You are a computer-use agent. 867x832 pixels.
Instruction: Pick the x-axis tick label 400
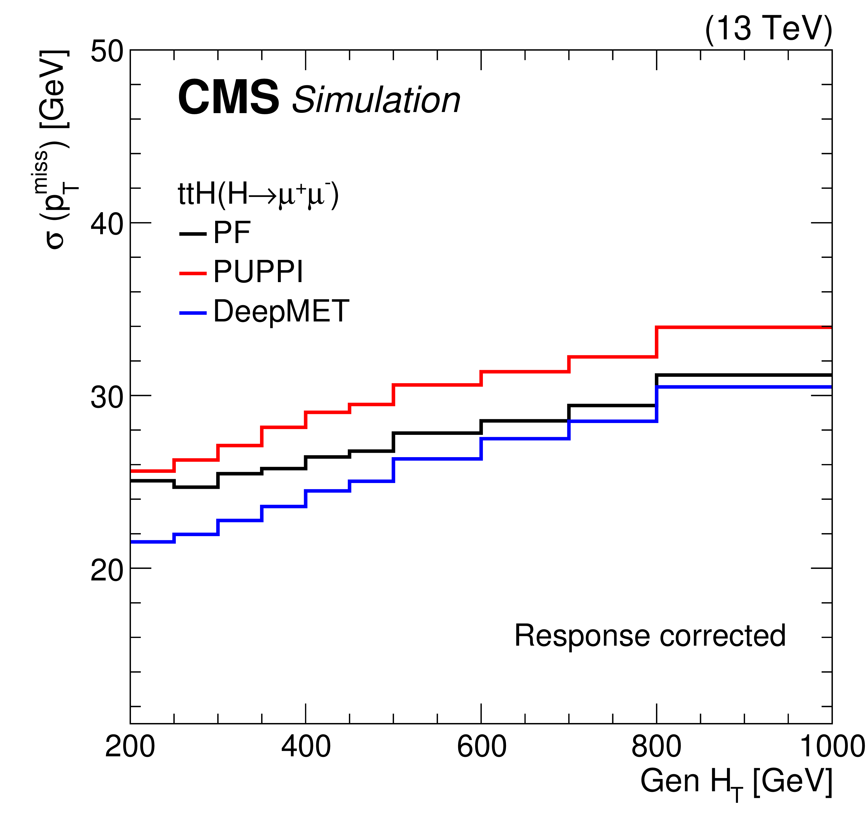(306, 747)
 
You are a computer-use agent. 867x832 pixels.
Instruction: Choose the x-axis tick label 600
(481, 747)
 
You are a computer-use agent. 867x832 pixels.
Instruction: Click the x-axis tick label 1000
(832, 747)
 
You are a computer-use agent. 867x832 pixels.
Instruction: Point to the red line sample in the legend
(193, 274)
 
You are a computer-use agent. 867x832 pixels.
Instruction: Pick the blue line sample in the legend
(193, 313)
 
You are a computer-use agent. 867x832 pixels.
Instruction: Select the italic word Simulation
(376, 100)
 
